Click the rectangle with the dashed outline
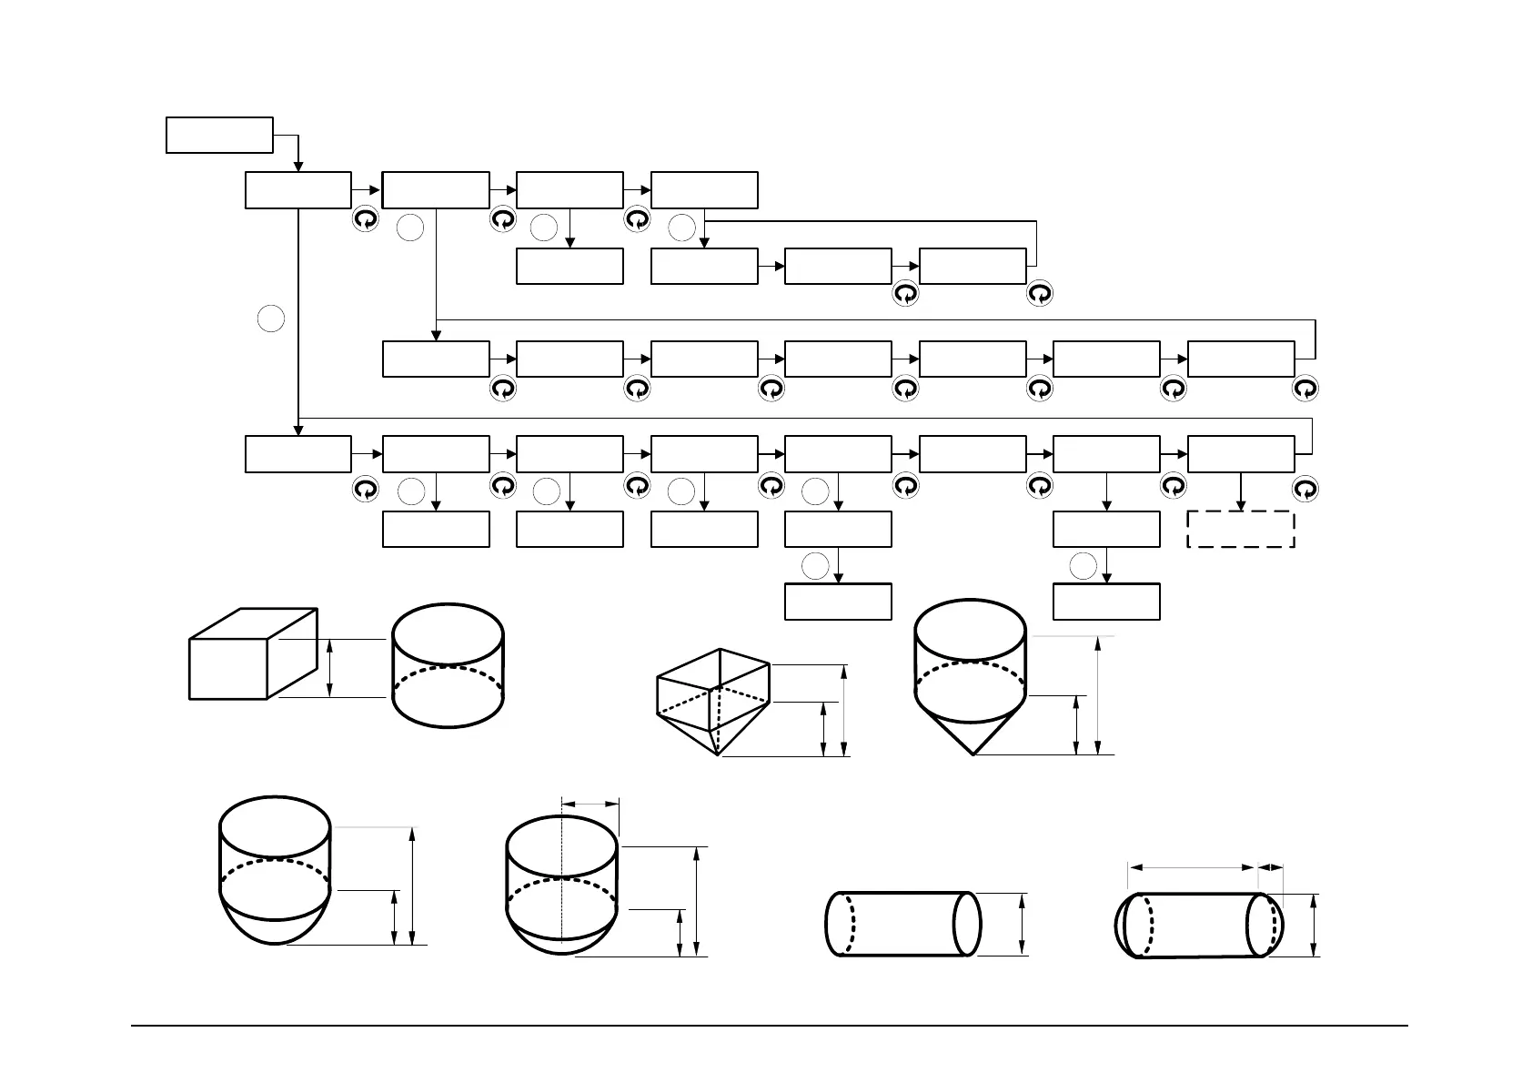(1241, 529)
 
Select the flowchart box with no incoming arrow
(219, 135)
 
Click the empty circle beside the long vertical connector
(271, 319)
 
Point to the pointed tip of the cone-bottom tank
(973, 753)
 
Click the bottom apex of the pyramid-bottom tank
(719, 754)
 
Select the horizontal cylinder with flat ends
(902, 924)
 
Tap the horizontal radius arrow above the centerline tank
(590, 804)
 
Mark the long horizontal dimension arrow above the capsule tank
(1192, 868)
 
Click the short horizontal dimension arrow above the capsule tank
(1270, 868)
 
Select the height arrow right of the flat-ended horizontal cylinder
(1023, 924)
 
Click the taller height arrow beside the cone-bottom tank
(1100, 695)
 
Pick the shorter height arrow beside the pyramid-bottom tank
(824, 729)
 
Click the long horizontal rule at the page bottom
(770, 1027)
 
